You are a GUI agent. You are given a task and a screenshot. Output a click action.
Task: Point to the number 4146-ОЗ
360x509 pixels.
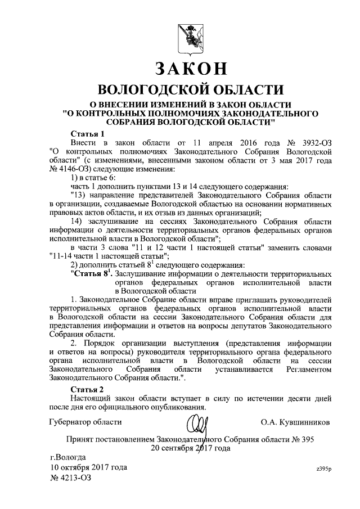click(x=70, y=169)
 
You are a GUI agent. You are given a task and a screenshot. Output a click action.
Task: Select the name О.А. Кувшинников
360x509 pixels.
click(x=295, y=421)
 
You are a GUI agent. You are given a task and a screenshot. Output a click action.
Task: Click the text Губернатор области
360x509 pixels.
click(x=85, y=421)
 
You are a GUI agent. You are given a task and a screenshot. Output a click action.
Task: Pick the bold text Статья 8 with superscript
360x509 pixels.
click(x=91, y=273)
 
